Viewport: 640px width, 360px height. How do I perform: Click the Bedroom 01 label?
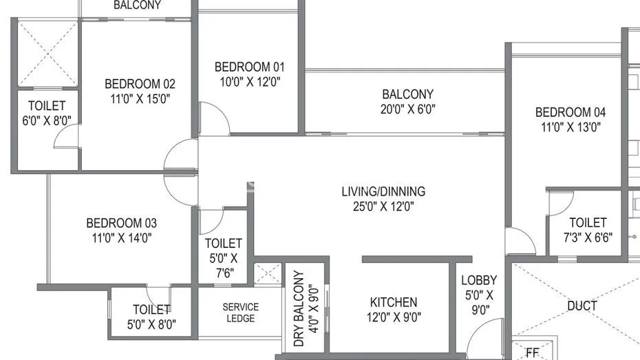pos(249,67)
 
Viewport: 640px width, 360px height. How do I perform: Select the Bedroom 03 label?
pos(121,223)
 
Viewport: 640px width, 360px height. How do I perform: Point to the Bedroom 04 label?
pos(572,112)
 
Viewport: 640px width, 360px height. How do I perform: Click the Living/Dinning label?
pos(384,191)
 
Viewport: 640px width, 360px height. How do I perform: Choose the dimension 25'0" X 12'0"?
pos(384,206)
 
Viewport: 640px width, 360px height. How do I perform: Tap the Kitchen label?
pos(394,302)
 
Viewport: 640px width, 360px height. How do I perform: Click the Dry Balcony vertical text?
pos(299,308)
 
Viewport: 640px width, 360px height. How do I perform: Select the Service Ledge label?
pos(240,313)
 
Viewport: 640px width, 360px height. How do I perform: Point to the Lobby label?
pos(479,280)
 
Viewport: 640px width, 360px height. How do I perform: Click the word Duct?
pos(582,305)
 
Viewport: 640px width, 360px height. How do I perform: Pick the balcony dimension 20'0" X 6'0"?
pos(408,109)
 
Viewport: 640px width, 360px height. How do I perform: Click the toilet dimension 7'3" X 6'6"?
pos(588,237)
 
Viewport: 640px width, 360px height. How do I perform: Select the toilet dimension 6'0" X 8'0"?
pos(46,120)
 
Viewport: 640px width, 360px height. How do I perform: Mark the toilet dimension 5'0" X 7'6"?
pos(224,265)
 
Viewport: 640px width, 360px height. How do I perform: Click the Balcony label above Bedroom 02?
pos(137,6)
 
